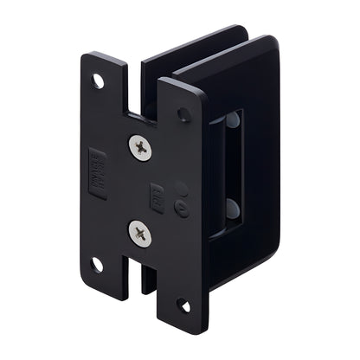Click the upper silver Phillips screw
pos(139,147)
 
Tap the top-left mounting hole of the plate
pos(98,81)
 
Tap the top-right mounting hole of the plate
pos(183,113)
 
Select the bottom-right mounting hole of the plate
pos(183,305)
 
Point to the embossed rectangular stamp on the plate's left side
pos(97,173)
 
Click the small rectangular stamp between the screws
pos(157,194)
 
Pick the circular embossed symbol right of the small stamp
pos(181,208)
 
